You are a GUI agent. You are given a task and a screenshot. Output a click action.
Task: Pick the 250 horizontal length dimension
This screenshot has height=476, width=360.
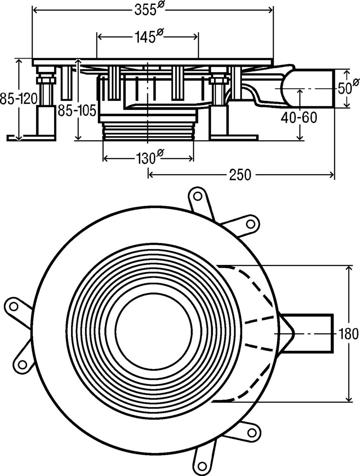point(240,175)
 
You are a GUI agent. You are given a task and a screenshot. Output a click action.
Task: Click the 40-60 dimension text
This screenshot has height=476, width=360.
point(300,118)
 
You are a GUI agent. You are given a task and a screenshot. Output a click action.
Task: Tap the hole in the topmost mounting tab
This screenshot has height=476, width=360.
point(198,195)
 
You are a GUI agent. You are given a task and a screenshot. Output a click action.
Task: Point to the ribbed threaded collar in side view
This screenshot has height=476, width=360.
point(148,132)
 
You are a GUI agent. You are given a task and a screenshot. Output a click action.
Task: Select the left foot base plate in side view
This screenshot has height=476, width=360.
point(31,138)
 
